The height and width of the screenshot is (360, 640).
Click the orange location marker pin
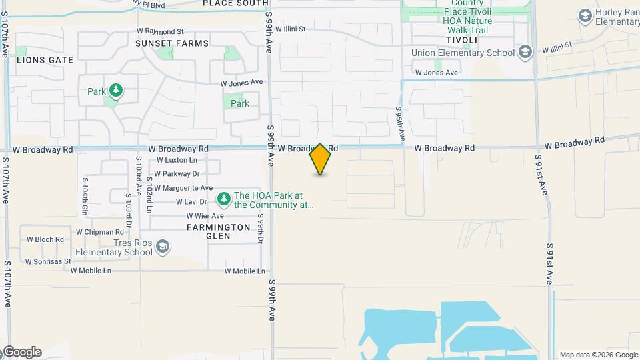(320, 159)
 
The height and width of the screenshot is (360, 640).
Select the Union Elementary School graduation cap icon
(525, 52)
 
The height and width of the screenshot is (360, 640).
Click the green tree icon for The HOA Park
(223, 199)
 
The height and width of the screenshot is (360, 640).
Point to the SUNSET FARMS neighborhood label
(171, 43)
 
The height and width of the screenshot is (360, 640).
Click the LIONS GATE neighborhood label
(45, 60)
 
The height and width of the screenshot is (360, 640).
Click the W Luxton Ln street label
(177, 160)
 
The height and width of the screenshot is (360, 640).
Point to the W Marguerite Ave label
(183, 188)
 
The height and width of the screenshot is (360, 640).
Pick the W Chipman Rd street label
(99, 232)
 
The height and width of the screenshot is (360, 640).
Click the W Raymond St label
(159, 31)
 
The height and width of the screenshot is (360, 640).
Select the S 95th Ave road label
(400, 123)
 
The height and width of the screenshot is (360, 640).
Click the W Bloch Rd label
(45, 239)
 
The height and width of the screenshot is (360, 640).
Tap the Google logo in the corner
(21, 352)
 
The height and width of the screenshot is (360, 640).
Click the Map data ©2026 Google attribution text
(599, 355)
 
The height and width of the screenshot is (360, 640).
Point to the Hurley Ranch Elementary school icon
(585, 15)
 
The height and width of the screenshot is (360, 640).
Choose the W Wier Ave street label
(205, 216)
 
